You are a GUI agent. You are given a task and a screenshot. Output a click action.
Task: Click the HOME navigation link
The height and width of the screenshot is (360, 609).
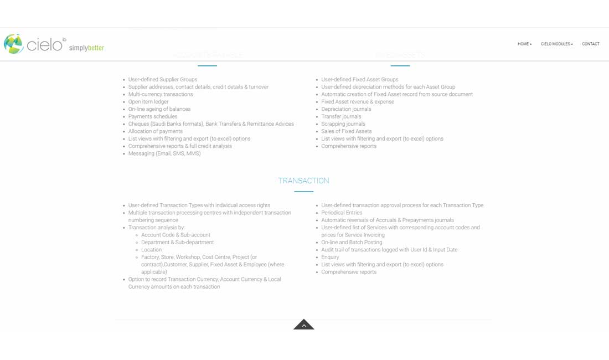pyautogui.click(x=524, y=44)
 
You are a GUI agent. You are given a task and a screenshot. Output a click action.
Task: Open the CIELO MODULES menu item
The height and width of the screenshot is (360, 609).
pyautogui.click(x=556, y=44)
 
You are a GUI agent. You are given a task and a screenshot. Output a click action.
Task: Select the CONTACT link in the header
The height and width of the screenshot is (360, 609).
pyautogui.click(x=590, y=44)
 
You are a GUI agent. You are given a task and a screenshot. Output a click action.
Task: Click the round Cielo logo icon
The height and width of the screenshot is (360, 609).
pyautogui.click(x=13, y=44)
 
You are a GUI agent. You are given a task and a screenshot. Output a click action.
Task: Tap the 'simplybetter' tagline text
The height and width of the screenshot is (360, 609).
pyautogui.click(x=86, y=48)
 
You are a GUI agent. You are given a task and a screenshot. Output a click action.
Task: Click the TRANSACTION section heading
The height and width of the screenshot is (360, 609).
pyautogui.click(x=303, y=181)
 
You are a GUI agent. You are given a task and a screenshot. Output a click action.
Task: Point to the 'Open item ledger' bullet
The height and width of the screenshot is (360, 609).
pyautogui.click(x=148, y=102)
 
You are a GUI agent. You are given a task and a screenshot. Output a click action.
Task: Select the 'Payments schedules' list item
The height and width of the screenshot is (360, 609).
pyautogui.click(x=153, y=116)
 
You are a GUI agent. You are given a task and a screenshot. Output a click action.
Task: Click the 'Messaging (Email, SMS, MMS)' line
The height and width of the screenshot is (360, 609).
pyautogui.click(x=164, y=153)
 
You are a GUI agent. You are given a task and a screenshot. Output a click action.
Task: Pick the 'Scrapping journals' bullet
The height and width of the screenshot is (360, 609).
pyautogui.click(x=343, y=124)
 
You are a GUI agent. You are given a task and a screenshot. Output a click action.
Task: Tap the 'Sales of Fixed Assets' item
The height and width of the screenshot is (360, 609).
pyautogui.click(x=346, y=131)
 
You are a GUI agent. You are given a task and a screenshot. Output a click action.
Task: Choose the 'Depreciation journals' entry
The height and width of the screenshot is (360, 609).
pyautogui.click(x=346, y=109)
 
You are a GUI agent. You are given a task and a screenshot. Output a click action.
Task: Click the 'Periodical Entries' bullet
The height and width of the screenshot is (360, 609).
pyautogui.click(x=342, y=213)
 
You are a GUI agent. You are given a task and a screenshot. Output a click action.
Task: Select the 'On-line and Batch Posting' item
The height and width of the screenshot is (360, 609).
pyautogui.click(x=352, y=242)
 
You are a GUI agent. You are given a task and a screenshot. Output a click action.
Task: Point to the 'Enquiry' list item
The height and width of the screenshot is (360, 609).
pyautogui.click(x=330, y=257)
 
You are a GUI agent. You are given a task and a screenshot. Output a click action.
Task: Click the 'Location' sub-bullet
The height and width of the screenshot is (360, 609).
pyautogui.click(x=151, y=250)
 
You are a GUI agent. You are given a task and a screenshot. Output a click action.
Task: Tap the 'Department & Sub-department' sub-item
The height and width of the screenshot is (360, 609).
pyautogui.click(x=177, y=242)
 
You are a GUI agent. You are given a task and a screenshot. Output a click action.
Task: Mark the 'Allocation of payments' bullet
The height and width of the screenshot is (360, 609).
pyautogui.click(x=155, y=131)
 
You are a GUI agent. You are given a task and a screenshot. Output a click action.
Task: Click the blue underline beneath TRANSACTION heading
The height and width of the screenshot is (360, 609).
pyautogui.click(x=303, y=192)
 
